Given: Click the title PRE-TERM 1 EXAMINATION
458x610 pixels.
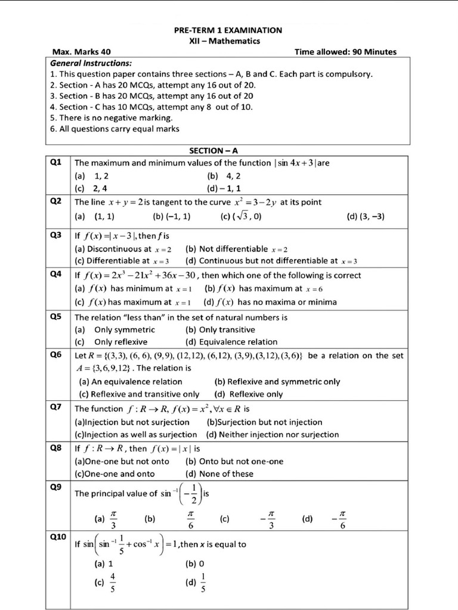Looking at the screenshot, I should pos(228,30).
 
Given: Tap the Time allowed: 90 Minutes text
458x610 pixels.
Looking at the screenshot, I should pos(345,52).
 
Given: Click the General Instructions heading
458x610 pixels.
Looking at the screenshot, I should pos(91,63).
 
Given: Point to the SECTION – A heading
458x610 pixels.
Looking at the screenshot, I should pos(217,151).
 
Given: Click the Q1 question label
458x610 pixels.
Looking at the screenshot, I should pos(57,163).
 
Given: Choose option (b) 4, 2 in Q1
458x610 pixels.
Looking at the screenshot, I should pos(224,176).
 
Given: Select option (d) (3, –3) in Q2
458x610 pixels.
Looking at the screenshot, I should pos(365,217).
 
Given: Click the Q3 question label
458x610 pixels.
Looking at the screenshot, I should pos(57,235).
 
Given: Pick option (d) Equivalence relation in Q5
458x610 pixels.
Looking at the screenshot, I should pos(231,342).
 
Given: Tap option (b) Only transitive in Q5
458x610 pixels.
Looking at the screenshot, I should pos(220,329).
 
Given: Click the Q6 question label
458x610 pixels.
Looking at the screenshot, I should pos(57,355).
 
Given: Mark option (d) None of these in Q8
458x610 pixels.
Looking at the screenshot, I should pos(219,474).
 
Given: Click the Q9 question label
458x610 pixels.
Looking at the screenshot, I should pos(57,487).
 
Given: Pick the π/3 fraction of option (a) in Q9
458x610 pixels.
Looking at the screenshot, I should pos(113,519).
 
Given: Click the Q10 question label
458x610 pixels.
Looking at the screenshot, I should pos(58,537).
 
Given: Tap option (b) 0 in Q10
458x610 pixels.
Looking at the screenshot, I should pos(195,563).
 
